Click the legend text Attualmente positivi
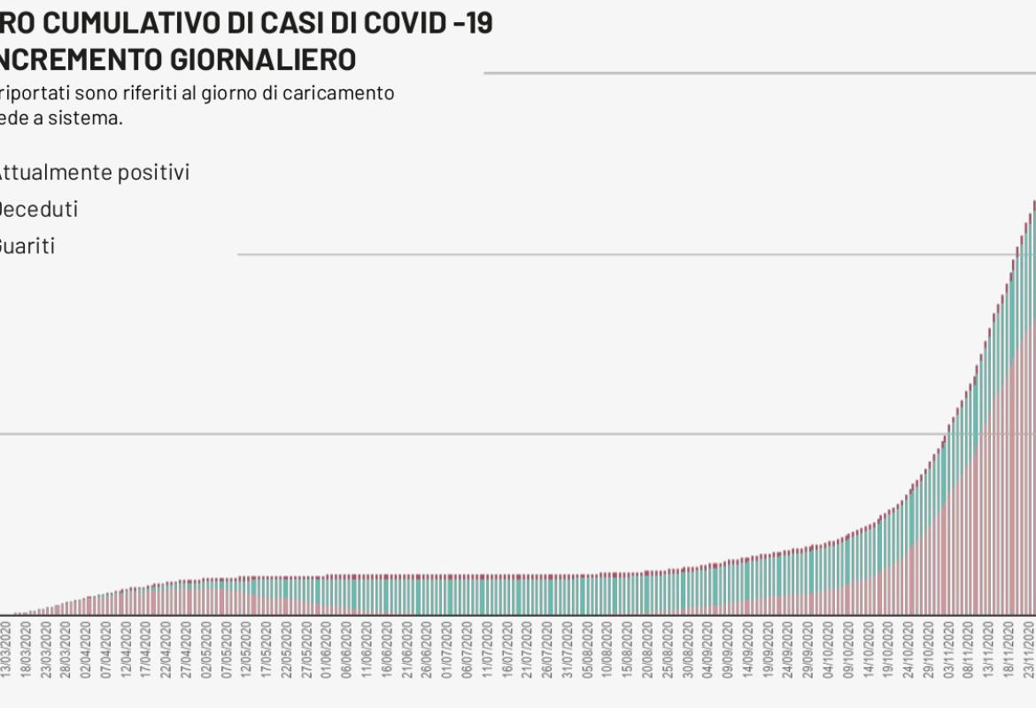pyautogui.click(x=92, y=173)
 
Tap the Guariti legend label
pyautogui.click(x=27, y=246)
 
